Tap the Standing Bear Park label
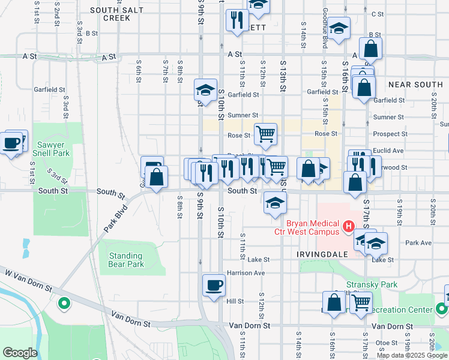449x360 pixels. (x=127, y=260)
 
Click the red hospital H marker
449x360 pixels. (x=347, y=226)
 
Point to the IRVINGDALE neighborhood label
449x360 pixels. (x=322, y=254)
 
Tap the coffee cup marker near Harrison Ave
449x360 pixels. (x=214, y=285)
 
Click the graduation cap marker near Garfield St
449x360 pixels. (x=205, y=91)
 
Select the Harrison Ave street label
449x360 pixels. (x=246, y=273)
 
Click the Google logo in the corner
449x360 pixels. (x=20, y=353)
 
